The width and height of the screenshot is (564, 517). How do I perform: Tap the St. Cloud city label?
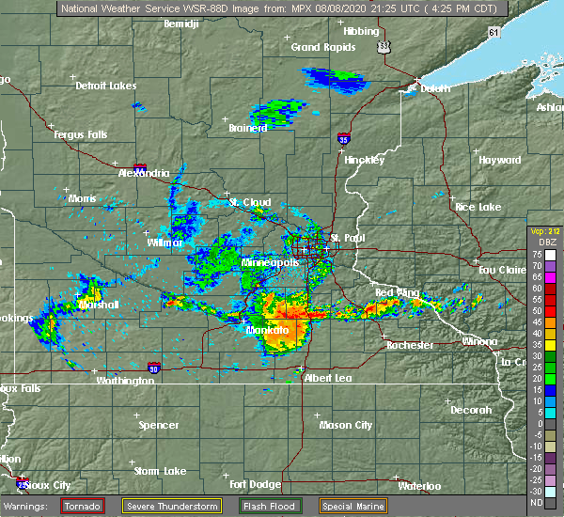click(251, 201)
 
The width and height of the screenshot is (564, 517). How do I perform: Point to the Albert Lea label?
click(327, 377)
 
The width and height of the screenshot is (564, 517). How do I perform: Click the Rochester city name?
click(411, 345)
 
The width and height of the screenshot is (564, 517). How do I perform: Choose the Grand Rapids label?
click(320, 47)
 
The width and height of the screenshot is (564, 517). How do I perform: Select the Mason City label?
click(346, 425)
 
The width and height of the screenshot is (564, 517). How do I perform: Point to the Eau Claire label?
click(501, 270)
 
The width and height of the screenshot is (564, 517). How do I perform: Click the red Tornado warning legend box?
click(83, 506)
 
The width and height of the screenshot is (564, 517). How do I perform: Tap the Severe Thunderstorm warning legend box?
click(172, 506)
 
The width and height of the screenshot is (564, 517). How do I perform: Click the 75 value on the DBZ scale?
click(534, 255)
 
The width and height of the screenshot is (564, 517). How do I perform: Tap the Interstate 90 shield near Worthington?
click(153, 368)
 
